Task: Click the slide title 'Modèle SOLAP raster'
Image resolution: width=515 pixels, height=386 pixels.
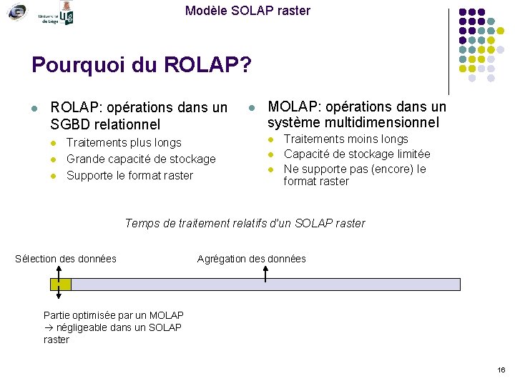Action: coord(247,11)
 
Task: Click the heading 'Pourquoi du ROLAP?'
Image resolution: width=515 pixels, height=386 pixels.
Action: coord(142,66)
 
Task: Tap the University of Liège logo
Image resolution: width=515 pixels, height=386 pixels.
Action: coord(58,13)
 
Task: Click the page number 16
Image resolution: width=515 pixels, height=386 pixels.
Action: coord(501,370)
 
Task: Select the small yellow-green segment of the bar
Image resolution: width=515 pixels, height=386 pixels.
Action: coord(61,284)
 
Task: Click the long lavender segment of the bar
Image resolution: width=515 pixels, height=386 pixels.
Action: coord(265,284)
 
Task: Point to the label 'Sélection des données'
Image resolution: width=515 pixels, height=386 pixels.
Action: coord(66,259)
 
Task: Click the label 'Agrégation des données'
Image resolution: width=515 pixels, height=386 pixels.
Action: coord(251,259)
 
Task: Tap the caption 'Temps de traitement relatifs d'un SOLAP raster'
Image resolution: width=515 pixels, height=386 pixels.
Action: coord(245,224)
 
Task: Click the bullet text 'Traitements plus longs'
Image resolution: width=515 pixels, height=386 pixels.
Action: coord(124,143)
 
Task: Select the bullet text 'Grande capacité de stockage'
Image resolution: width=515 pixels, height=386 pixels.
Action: coord(141,159)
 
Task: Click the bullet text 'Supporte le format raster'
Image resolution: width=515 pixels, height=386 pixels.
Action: coord(129,175)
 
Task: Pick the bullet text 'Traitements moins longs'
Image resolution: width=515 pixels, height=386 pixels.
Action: coord(346,139)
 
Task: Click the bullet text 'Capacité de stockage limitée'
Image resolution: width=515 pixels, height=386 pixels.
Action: coord(357,154)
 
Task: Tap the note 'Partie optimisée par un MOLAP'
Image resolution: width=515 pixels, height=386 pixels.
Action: coord(114,315)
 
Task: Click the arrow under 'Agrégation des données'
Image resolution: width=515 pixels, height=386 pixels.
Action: coord(265,272)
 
